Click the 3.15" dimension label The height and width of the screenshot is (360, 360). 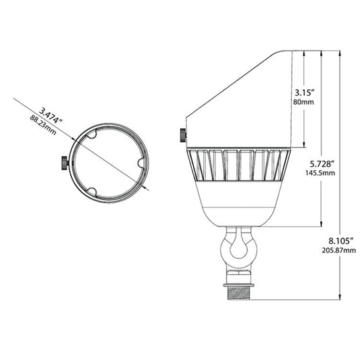[x=304, y=93]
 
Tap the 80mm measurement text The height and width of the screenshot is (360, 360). [x=303, y=102]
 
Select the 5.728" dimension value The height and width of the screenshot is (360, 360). [x=322, y=164]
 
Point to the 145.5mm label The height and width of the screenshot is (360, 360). [x=320, y=173]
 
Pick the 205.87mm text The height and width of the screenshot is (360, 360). [x=339, y=251]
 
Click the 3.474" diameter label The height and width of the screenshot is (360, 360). [x=51, y=116]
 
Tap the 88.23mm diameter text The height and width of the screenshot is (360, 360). [x=43, y=125]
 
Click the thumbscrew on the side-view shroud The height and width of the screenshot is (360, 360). [x=183, y=136]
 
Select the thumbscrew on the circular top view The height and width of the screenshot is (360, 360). [x=65, y=163]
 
